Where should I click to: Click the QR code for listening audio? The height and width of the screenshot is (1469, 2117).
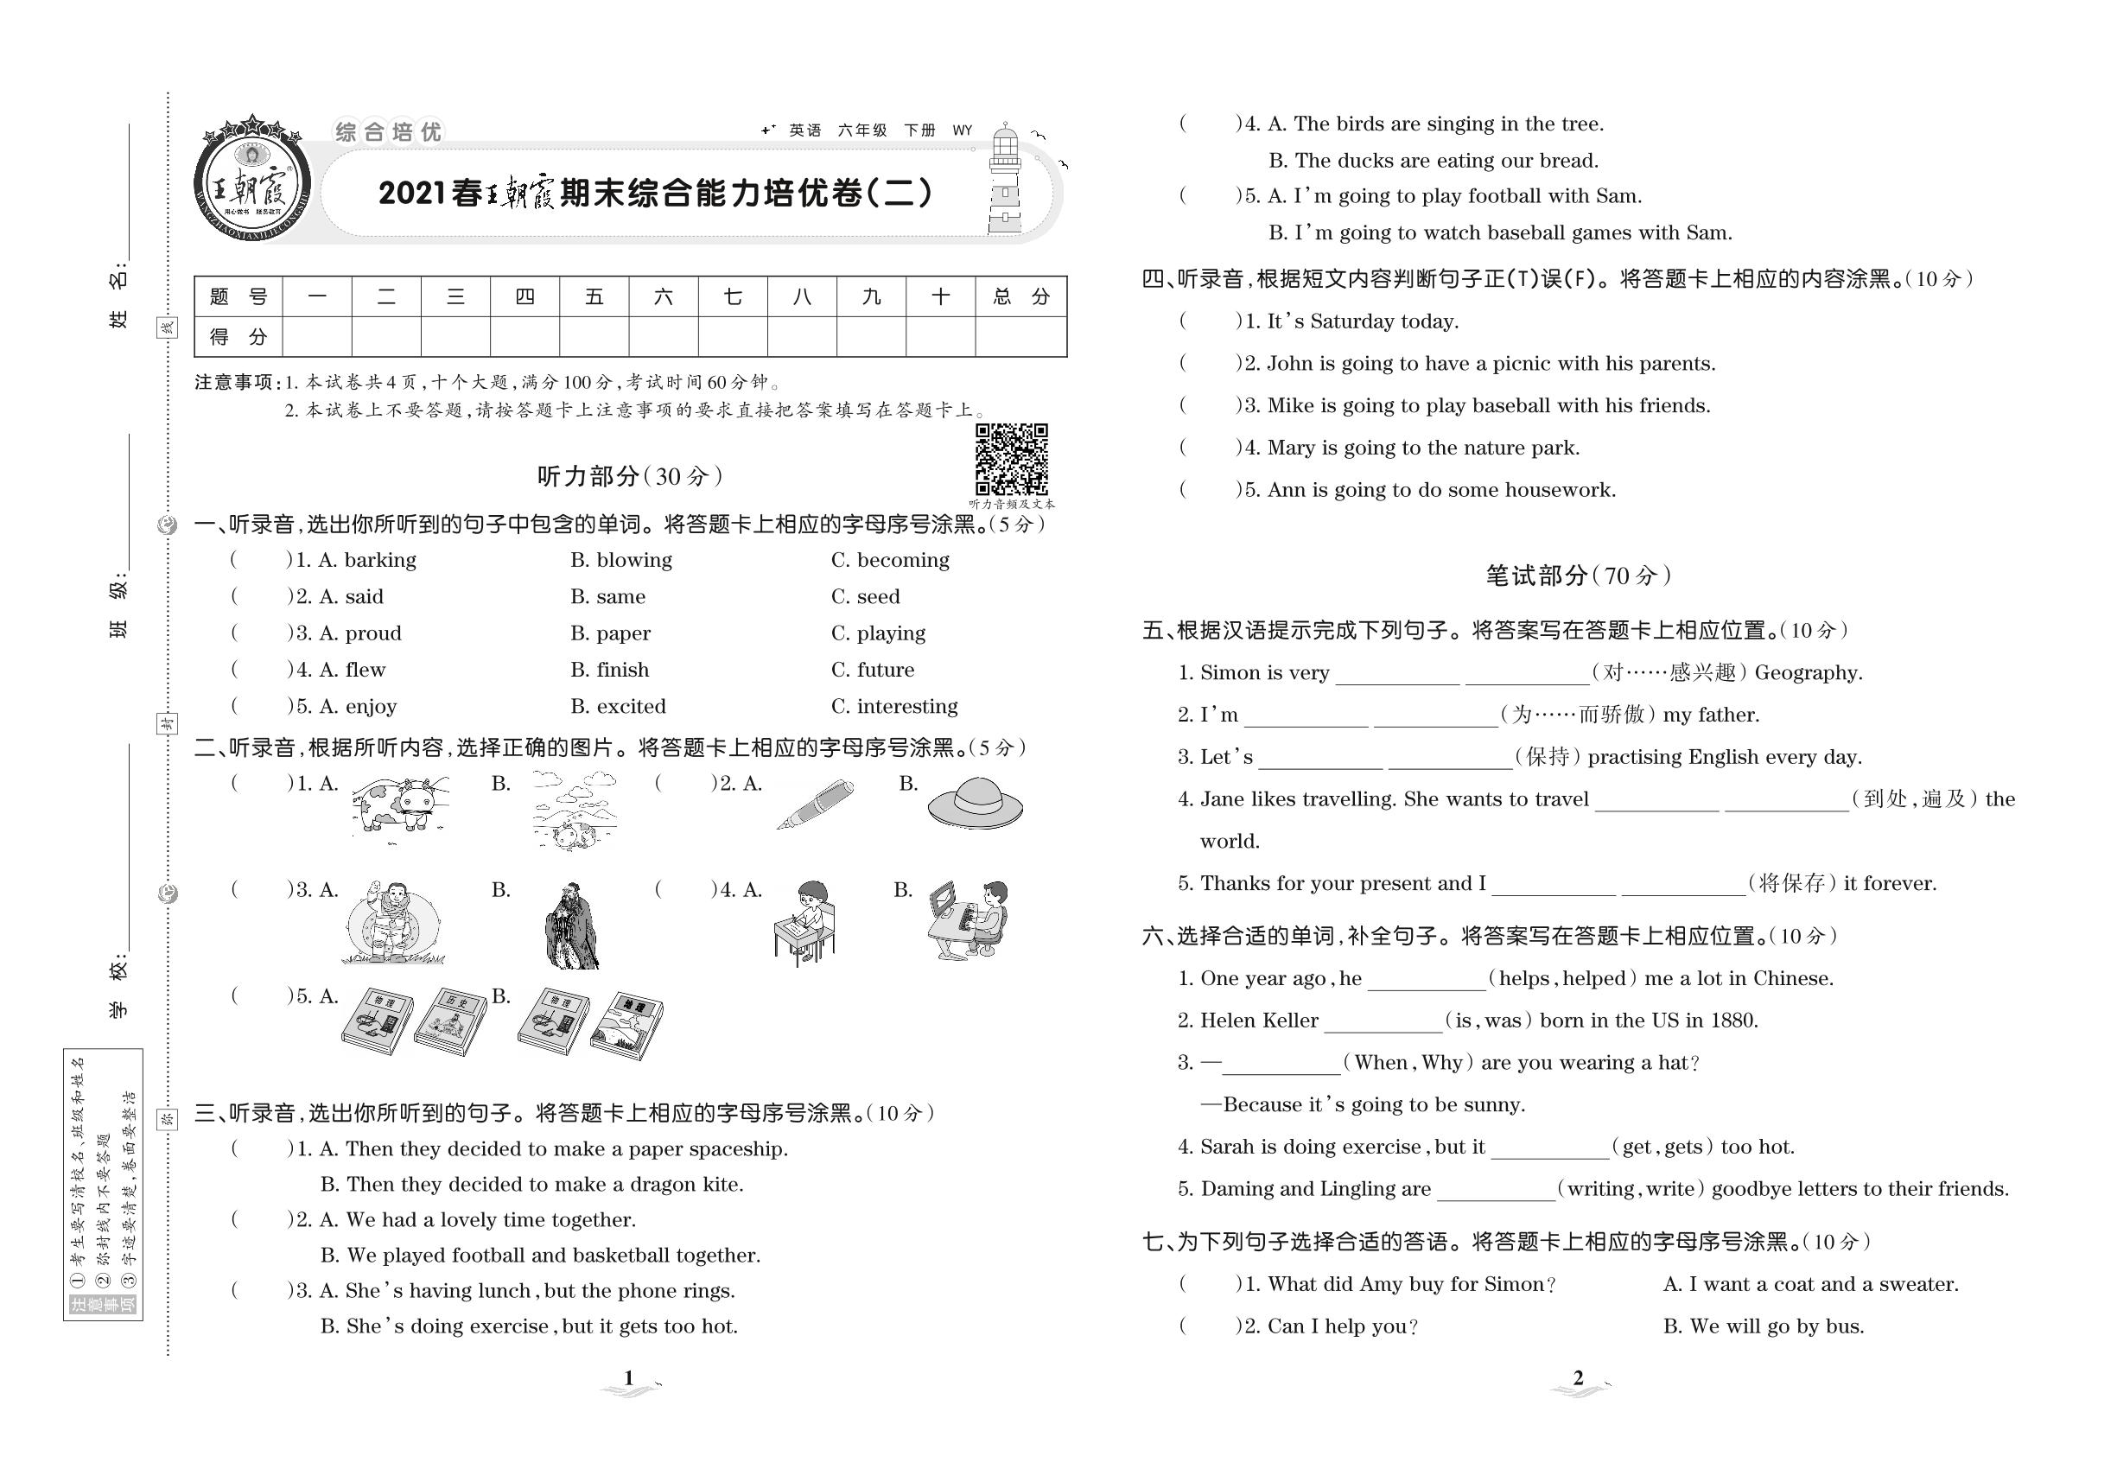[x=1011, y=460]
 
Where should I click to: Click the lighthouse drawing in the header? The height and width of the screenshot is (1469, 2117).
[x=1005, y=181]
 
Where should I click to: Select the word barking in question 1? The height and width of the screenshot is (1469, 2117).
[x=379, y=560]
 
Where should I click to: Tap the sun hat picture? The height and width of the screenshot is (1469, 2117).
[x=976, y=803]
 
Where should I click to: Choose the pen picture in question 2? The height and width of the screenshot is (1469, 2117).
[x=815, y=803]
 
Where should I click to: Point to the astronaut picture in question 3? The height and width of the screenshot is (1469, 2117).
[x=393, y=922]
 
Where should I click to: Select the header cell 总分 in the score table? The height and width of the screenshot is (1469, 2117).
[x=1020, y=296]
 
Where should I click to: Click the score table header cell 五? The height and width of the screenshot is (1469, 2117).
[x=594, y=296]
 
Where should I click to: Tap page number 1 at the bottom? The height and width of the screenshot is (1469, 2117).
[x=629, y=1378]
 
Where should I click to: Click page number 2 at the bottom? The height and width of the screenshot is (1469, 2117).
[x=1578, y=1378]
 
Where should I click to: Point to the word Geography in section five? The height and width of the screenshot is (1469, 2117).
[x=1808, y=673]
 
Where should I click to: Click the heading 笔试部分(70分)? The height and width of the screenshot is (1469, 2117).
[x=1578, y=576]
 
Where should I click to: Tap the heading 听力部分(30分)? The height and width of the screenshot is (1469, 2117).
[x=630, y=476]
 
